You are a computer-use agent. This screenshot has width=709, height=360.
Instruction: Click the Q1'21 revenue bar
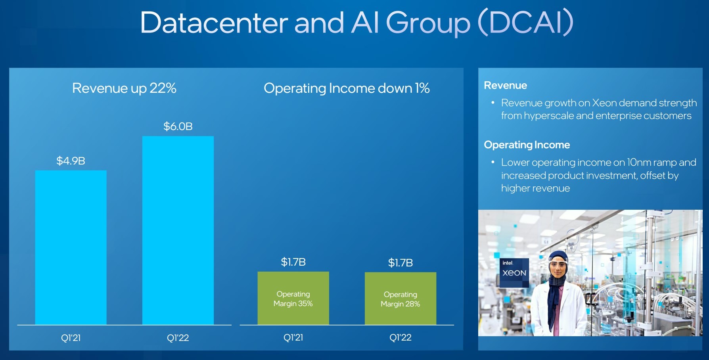click(x=71, y=248)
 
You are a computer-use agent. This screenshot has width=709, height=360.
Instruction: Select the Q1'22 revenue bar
click(x=178, y=230)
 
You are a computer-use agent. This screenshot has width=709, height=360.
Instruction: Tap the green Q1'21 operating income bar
click(x=293, y=298)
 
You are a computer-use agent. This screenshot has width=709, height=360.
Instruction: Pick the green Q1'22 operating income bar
click(x=400, y=299)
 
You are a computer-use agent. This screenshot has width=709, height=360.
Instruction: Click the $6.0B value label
click(x=178, y=126)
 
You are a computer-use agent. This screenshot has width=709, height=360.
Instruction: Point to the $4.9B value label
click(x=71, y=161)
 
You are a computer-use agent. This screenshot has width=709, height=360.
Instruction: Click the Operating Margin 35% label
click(x=293, y=299)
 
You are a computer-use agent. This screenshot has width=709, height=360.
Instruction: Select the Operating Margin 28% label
click(x=400, y=299)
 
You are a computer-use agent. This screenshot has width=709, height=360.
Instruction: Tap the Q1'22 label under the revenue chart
click(x=178, y=338)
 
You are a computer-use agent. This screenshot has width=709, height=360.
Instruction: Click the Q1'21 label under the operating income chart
click(x=293, y=337)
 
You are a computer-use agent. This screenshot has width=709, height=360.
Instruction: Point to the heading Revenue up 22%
click(x=124, y=88)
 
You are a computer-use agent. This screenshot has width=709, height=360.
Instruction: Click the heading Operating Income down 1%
click(x=347, y=88)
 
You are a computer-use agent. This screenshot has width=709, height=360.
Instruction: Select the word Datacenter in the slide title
click(x=214, y=23)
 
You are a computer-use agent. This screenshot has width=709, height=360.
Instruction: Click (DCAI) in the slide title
click(x=526, y=23)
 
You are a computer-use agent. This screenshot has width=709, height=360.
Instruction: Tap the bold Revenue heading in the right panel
click(x=506, y=85)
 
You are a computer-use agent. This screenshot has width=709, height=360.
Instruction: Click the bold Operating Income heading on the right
click(x=527, y=145)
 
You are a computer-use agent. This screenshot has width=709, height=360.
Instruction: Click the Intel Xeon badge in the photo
click(x=514, y=273)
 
